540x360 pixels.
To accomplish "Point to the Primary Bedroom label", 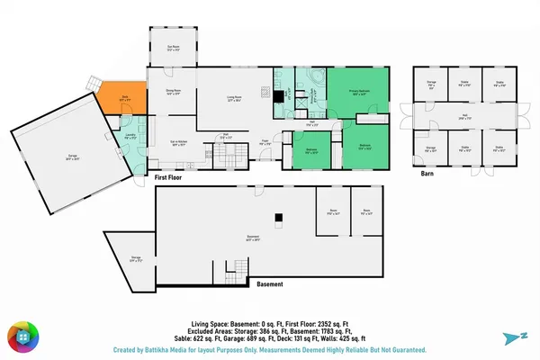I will tap(358, 91).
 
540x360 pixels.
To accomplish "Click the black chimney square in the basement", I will tap(278, 216).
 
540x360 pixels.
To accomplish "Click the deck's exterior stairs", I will tap(94, 82).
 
